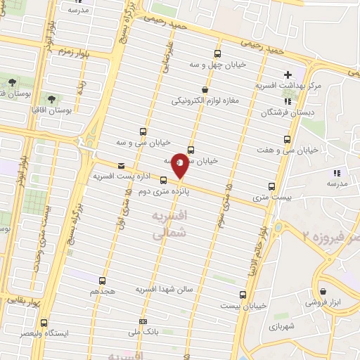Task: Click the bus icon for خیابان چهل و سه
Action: click(217, 53)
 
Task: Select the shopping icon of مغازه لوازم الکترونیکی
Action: click(205, 89)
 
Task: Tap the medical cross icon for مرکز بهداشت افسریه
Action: click(287, 75)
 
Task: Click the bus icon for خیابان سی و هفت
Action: click(286, 139)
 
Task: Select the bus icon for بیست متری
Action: click(271, 186)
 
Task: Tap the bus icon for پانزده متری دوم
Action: click(164, 180)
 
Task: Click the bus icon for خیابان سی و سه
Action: click(143, 131)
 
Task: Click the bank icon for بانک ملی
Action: click(144, 321)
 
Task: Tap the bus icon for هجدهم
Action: click(103, 280)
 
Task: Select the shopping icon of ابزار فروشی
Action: click(322, 291)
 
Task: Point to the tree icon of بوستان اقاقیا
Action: click(51, 98)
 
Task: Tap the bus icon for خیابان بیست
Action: click(243, 295)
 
